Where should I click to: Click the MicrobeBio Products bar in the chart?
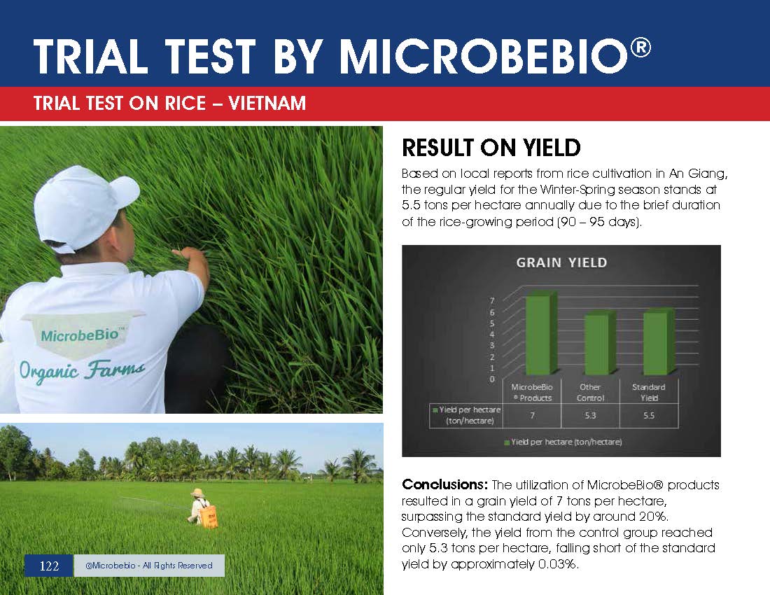(x=541, y=333)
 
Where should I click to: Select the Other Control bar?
(x=600, y=344)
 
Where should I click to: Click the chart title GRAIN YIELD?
(x=561, y=262)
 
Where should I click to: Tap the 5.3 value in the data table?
(x=590, y=415)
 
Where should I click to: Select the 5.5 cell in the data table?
(x=649, y=415)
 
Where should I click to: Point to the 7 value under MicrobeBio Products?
(x=532, y=415)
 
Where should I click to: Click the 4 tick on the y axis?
(x=492, y=335)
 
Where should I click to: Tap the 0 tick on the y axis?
(x=492, y=379)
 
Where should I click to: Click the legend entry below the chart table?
(x=563, y=442)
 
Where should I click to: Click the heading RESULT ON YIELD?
(x=491, y=147)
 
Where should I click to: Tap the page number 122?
(x=49, y=566)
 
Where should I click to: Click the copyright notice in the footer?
(x=149, y=566)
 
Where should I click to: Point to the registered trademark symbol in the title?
(x=640, y=48)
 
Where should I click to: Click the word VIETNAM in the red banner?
(x=267, y=103)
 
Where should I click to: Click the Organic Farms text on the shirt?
(x=81, y=370)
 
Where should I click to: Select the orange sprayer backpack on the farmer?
(x=209, y=517)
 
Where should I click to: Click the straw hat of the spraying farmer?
(x=197, y=492)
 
